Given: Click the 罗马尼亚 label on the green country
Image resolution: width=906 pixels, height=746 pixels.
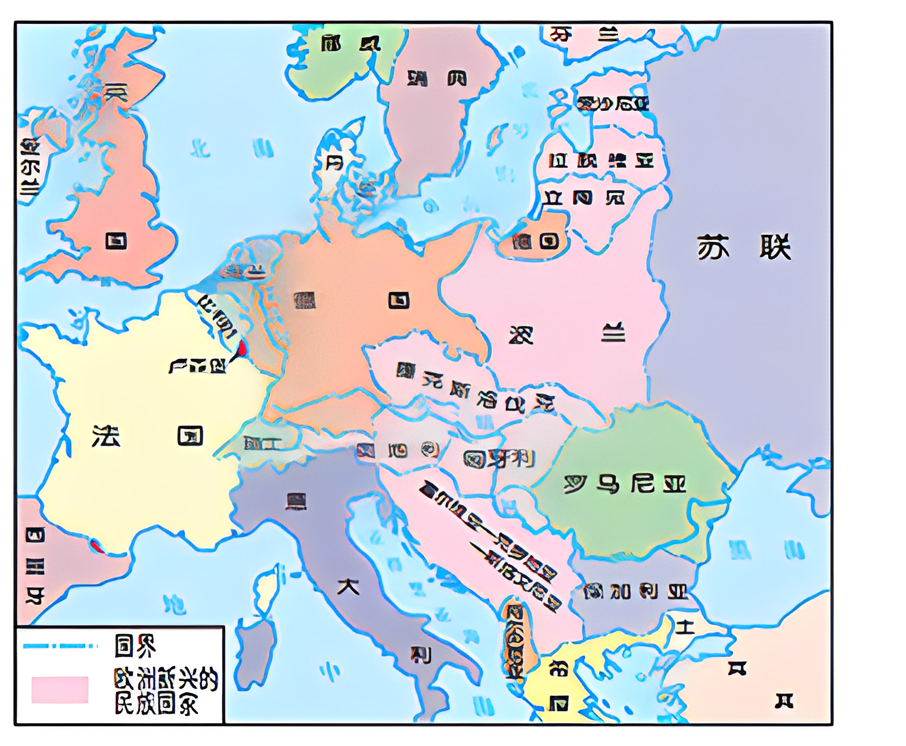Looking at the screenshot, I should [625, 484].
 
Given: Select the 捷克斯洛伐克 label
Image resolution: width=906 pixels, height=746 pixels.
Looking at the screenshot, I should [476, 387].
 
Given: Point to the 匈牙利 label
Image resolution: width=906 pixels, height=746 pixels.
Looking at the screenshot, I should [499, 459].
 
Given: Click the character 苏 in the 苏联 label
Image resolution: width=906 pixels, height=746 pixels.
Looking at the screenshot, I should [713, 247].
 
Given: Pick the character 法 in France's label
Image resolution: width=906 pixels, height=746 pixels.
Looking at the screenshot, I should [106, 437].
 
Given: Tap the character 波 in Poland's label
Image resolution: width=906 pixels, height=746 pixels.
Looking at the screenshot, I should [521, 335].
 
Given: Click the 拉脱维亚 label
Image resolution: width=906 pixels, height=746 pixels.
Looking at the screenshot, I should [601, 160].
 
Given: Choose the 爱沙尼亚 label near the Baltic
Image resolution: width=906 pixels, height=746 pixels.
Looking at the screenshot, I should [612, 104].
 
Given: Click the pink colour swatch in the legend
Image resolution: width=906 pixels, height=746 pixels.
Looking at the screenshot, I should [60, 689].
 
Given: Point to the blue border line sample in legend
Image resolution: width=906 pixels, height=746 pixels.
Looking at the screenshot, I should [60, 645].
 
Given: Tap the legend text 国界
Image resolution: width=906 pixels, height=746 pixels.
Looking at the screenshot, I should [135, 645].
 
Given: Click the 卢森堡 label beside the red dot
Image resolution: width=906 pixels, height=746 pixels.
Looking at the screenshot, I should [198, 365].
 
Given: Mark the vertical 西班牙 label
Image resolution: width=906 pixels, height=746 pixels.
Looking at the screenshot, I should [35, 566].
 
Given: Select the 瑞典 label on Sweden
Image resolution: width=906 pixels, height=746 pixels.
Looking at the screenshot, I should [437, 78].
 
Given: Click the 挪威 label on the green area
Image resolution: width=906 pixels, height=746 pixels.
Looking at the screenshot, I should [350, 43].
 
